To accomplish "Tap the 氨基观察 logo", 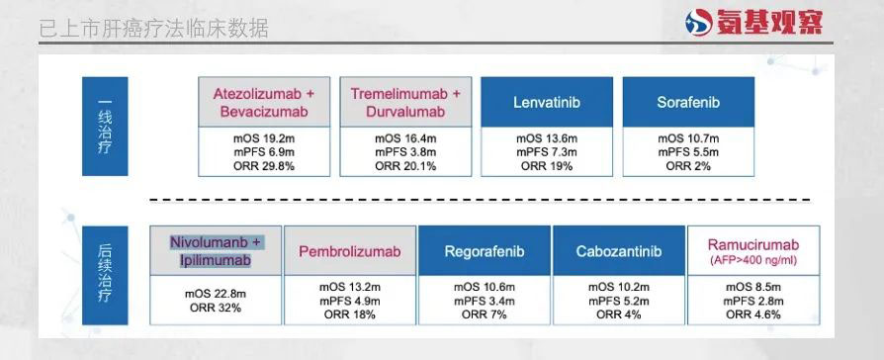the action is (753, 22).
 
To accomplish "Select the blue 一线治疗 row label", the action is (105, 127).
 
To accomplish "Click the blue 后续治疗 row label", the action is (105, 275).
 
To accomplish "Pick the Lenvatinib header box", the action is (546, 102).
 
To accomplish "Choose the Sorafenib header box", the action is (688, 102).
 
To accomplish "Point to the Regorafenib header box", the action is (484, 251).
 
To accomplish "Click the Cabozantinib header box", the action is (618, 251).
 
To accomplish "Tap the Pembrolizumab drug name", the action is (349, 251).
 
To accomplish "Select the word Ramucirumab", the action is (753, 245).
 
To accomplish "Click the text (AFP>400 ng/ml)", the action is (753, 261).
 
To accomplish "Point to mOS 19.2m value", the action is (264, 138).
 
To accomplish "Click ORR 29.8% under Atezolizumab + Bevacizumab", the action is (264, 166).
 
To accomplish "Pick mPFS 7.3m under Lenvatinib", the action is (546, 152).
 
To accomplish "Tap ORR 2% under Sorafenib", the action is (688, 166).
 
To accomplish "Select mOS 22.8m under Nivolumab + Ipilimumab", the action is (216, 295).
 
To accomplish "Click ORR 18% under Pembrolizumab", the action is (349, 315).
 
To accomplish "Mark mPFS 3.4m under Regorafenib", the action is (484, 301).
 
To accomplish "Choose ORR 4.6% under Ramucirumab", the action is (753, 315).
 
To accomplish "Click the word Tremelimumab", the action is (399, 94).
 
